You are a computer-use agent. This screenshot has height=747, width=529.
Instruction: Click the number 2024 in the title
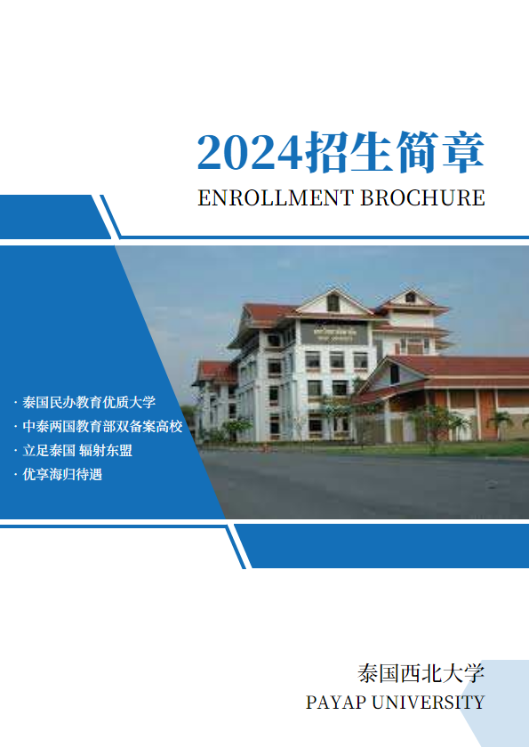point(251,153)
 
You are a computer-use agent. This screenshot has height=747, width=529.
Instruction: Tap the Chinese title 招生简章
point(395,152)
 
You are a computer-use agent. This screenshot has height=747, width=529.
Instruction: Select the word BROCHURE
point(422,197)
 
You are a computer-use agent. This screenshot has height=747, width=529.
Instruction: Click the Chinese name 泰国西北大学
point(421,673)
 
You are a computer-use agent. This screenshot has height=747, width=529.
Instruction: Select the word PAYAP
point(336,703)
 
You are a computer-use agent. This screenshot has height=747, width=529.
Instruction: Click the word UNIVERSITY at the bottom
point(428,703)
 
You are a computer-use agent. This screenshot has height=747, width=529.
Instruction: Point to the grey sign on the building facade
point(333,333)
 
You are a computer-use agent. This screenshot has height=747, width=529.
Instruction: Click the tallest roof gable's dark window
point(333,303)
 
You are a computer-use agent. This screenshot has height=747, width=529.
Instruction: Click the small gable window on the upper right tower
point(410,298)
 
